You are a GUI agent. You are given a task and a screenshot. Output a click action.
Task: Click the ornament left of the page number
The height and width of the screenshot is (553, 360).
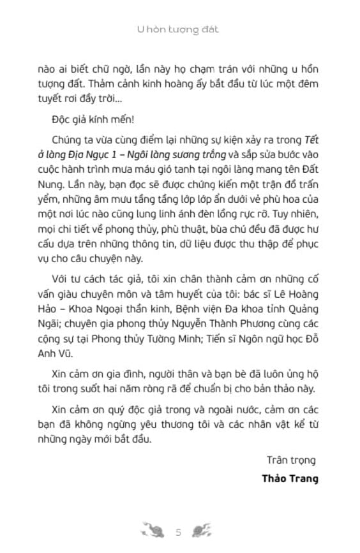click(x=154, y=530)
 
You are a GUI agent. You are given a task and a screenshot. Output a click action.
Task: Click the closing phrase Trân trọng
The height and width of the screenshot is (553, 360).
click(x=290, y=459)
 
